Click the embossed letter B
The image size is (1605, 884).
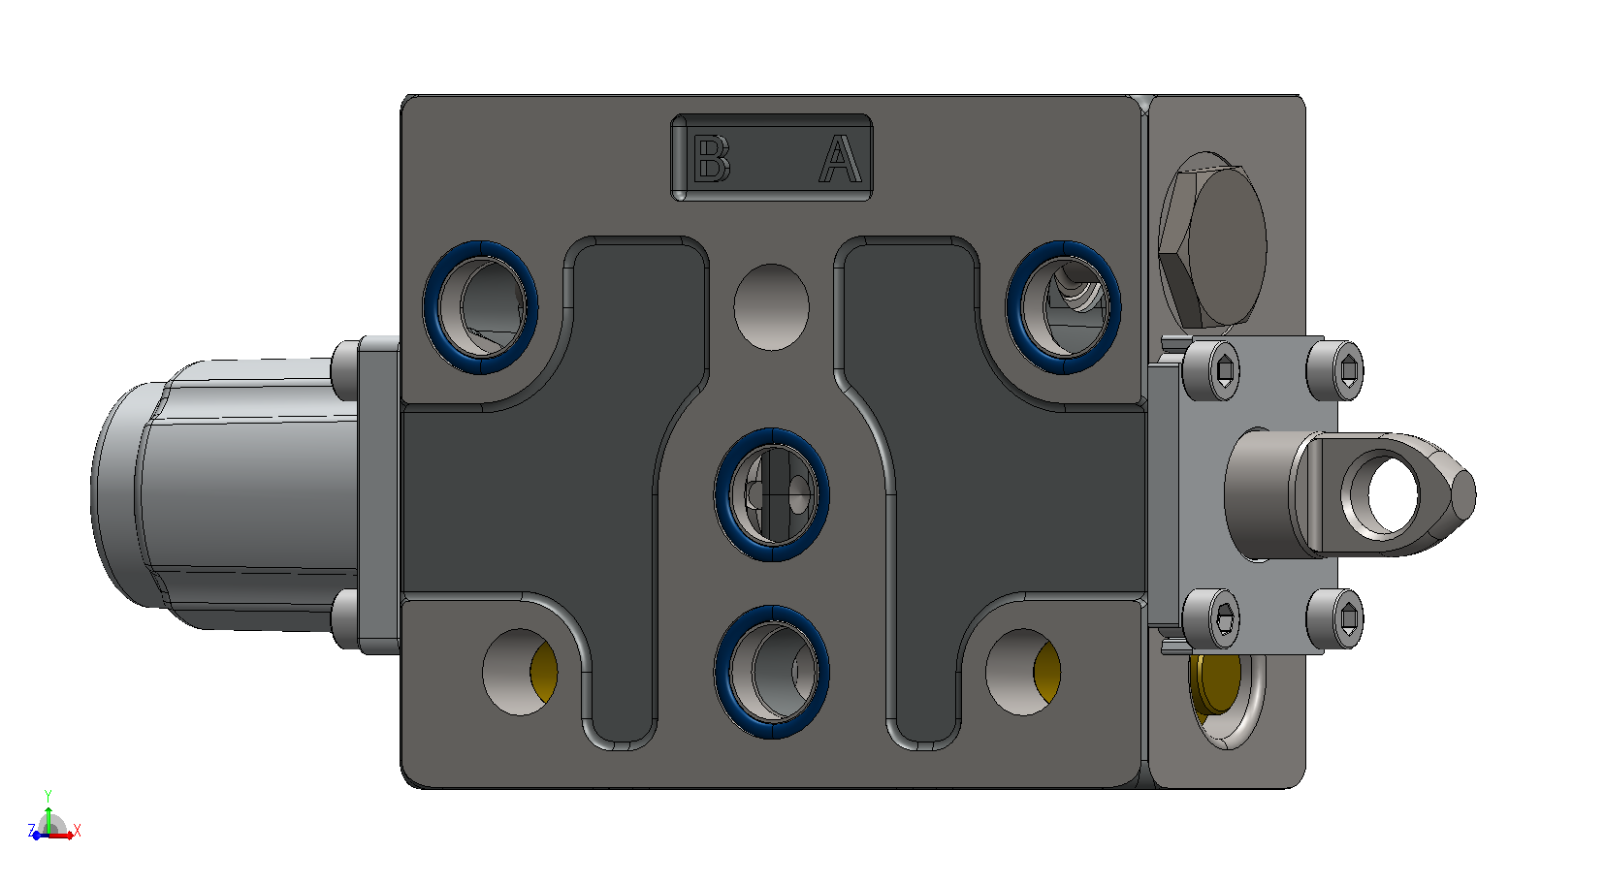tap(712, 158)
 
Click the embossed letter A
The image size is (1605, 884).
tap(841, 158)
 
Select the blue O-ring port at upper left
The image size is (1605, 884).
tap(481, 306)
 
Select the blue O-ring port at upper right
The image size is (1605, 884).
tap(1064, 306)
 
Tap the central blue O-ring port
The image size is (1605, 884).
tap(772, 494)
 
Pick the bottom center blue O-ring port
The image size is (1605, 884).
tap(772, 672)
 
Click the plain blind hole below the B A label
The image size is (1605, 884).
tap(772, 306)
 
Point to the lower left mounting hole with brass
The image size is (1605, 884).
tap(520, 672)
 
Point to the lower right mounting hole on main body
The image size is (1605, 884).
tap(1023, 672)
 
